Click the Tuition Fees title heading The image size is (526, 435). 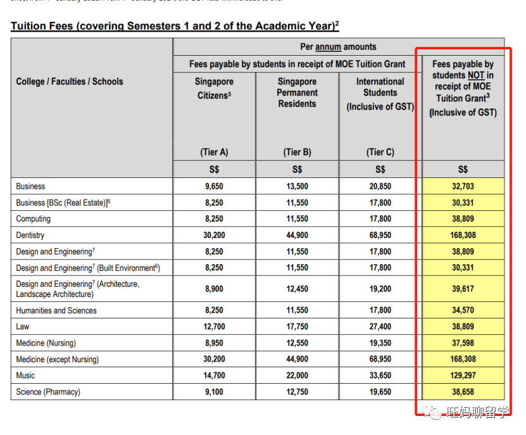coord(175,26)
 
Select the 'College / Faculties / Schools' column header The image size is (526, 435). coord(70,82)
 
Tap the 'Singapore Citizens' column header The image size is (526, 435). coord(214,89)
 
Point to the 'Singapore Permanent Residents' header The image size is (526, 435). coord(297,92)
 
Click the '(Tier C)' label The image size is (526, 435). coord(380,152)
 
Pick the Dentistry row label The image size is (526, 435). coord(30,235)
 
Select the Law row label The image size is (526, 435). coord(23,327)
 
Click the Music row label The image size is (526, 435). coord(26,375)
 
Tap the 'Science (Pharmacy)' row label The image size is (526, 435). coord(48,392)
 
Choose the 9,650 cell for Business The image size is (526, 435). coord(214,186)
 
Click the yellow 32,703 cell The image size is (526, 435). coord(463,186)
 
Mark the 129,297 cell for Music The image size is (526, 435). coord(463,375)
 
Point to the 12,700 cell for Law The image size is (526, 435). coord(214,327)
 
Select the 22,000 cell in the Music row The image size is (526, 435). coord(297,375)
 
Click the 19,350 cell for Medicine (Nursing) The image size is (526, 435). coord(380,343)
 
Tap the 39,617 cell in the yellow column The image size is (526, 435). coord(463,289)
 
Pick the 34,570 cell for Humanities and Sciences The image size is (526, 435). coord(463,310)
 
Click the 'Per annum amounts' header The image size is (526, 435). coord(338,47)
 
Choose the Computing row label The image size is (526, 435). coord(34,219)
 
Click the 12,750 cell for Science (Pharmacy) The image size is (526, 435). coord(297,392)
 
